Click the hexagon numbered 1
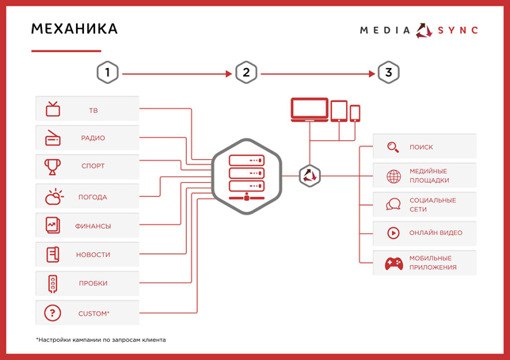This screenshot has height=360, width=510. coord(108,72)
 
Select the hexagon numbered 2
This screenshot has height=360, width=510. coord(246,72)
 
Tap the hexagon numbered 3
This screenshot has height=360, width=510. coord(388,72)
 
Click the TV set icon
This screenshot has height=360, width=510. coord(53,109)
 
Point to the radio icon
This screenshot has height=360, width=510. coord(53,138)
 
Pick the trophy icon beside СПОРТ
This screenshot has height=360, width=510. coord(52,167)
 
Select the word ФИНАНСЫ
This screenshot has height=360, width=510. coord(93,226)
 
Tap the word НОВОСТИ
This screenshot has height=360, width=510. coord(93,255)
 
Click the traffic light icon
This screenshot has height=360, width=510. coord(53,284)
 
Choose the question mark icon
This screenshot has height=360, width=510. coord(52,313)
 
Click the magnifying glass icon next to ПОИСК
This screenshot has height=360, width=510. coord(393,147)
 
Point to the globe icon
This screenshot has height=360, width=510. coord(394,176)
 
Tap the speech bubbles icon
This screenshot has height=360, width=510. coord(394,204)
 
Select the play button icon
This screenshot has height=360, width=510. coord(394,233)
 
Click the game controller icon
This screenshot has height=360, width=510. coord(394,263)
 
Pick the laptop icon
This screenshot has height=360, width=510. coord(310,109)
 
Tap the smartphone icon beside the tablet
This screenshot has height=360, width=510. coord(355,113)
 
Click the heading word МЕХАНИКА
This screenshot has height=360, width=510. coord(74,29)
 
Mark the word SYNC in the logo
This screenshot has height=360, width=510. coord(458,31)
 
